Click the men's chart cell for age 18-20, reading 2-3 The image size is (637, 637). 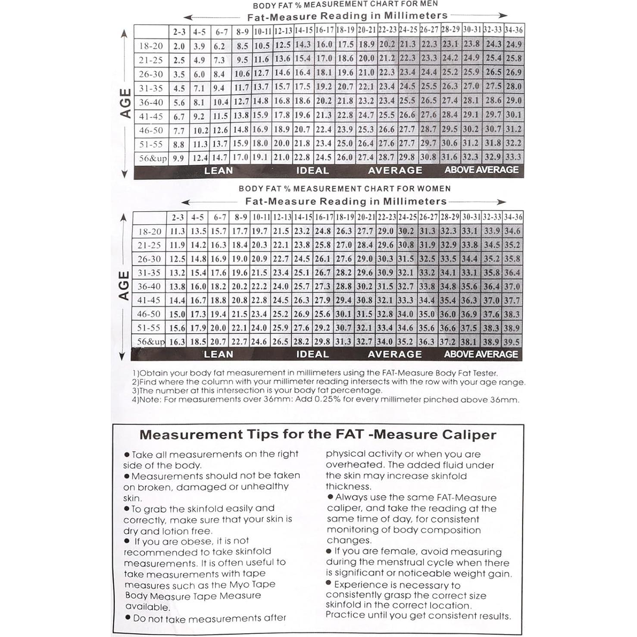click(x=179, y=46)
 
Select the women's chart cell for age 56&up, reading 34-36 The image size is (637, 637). click(x=512, y=342)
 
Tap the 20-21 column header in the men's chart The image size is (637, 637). click(x=367, y=30)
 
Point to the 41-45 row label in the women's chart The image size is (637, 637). click(x=149, y=300)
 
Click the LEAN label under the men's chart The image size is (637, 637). click(x=219, y=171)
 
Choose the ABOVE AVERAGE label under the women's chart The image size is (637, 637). click(x=481, y=354)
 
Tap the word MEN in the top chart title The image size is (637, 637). click(x=428, y=4)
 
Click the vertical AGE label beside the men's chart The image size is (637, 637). click(x=125, y=103)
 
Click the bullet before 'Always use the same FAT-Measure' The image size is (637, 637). click(x=331, y=497)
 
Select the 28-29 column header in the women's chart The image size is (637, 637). click(x=450, y=217)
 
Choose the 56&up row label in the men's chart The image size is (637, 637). click(x=152, y=158)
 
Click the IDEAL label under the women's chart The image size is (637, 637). click(x=312, y=354)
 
